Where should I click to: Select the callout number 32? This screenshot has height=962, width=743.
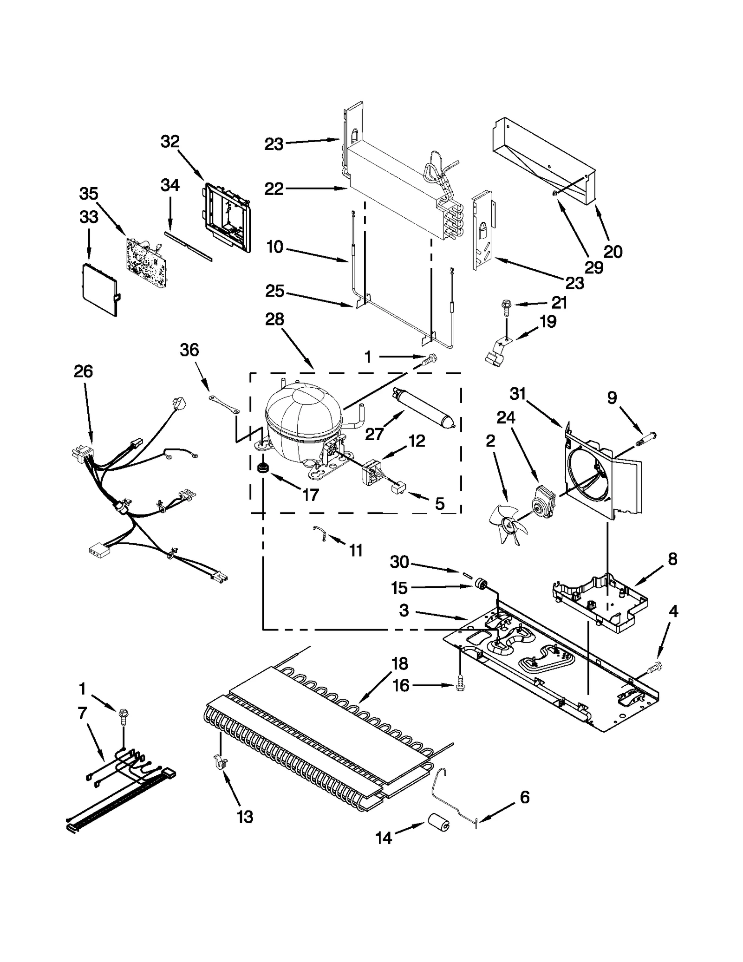click(x=170, y=142)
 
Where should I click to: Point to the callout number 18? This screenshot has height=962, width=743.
click(x=399, y=663)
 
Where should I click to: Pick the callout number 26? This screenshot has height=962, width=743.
click(x=84, y=371)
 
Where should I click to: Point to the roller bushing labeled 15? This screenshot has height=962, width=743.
click(x=482, y=587)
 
